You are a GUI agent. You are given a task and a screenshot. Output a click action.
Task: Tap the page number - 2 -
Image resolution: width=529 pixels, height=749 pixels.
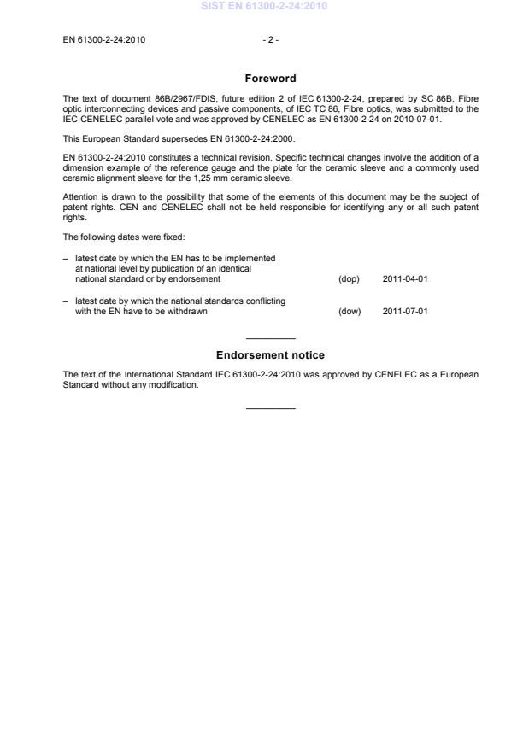pos(271,39)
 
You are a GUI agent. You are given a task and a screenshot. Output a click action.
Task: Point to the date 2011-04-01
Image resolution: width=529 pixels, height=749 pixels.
pos(405,279)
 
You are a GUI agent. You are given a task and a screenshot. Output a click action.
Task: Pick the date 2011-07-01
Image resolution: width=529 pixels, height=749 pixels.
pos(405,312)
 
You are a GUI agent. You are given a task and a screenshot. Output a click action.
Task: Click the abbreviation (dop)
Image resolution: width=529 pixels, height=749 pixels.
pos(350,279)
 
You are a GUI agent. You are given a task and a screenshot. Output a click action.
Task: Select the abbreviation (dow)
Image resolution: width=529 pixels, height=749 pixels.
pos(350,312)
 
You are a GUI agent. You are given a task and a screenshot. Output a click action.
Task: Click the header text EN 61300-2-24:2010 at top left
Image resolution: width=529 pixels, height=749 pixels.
pos(103,39)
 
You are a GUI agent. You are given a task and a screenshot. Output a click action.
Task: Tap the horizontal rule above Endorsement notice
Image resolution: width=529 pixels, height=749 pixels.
pos(270,339)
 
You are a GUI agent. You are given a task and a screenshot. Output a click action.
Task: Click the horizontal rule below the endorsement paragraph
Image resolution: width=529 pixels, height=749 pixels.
pos(270,408)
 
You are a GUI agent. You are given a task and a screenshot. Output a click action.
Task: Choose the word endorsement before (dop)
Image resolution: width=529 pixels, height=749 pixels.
pos(197,279)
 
